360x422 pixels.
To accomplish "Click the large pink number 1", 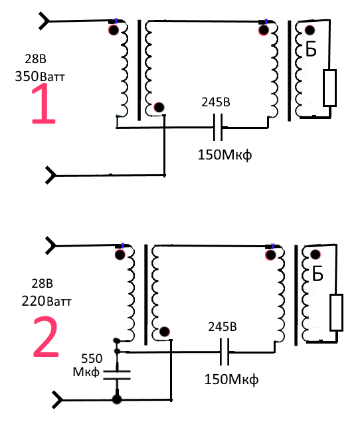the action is pos(45,104).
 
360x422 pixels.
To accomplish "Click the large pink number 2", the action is pos(46,337).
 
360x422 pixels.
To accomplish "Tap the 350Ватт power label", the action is pos(40,76).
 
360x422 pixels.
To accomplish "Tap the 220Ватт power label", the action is pos(46,301).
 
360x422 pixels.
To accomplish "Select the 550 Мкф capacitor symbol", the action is pos(117,375).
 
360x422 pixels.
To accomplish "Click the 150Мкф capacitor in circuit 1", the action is pos(218,128).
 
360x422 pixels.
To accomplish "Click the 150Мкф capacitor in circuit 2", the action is pos(225,352).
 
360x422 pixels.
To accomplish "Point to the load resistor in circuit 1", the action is pos(329,88).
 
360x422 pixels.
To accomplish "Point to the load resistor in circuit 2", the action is pos(336,312).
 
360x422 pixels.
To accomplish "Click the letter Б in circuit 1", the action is pos(311,49).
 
